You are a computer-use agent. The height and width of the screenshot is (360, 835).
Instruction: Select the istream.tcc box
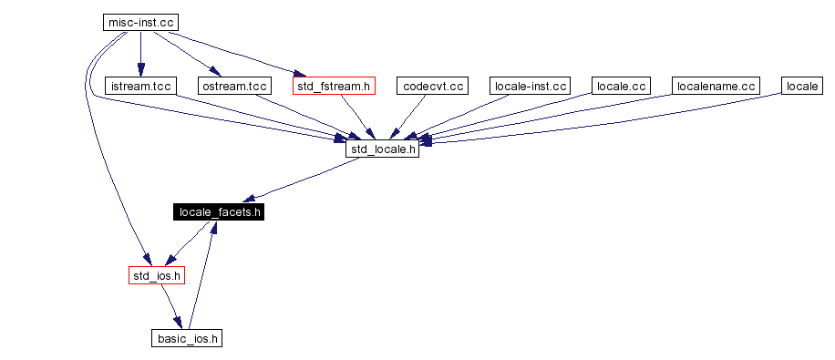point(139,86)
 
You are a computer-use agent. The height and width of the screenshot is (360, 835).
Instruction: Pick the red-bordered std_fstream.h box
point(335,86)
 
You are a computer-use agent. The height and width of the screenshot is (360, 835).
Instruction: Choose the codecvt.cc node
point(432,86)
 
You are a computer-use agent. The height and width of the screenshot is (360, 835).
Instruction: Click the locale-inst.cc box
point(530,86)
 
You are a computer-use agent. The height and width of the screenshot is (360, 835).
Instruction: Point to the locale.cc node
point(621,86)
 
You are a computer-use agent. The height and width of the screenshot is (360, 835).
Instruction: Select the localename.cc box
point(716,86)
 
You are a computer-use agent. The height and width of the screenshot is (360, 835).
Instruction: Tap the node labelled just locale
point(802,86)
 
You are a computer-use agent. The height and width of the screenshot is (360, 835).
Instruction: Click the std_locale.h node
point(382,149)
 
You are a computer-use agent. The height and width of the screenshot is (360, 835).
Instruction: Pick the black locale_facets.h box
point(220,212)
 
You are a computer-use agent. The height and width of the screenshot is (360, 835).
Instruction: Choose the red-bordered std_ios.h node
point(157,274)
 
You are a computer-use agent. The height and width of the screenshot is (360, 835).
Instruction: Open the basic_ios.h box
point(187,338)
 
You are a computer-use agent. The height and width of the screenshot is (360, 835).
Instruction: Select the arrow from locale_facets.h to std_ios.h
point(189,243)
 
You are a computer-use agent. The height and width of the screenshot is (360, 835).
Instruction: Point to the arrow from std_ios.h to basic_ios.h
point(171,306)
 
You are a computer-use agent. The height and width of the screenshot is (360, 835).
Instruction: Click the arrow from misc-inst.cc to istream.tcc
point(139,55)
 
